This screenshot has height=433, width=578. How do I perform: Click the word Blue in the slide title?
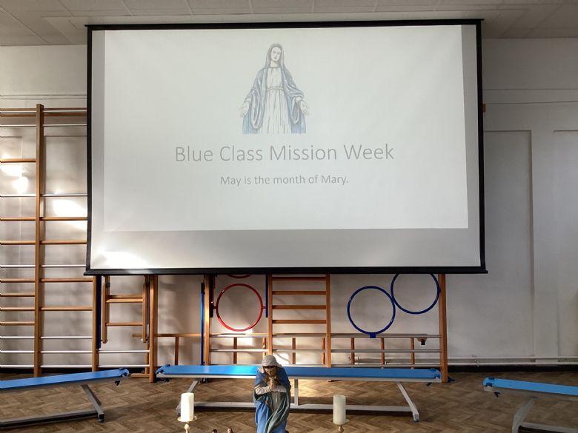point(194,153)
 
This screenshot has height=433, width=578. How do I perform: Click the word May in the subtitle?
point(229,181)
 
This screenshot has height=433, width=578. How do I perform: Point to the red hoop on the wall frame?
point(239,306)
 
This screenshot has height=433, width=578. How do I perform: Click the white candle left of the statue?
point(187,406)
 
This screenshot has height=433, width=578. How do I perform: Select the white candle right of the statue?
point(339,409)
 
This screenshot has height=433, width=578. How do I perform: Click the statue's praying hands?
point(272,382)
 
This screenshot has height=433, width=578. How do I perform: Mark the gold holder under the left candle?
point(187,424)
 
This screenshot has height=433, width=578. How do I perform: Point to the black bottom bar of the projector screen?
point(285,272)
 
